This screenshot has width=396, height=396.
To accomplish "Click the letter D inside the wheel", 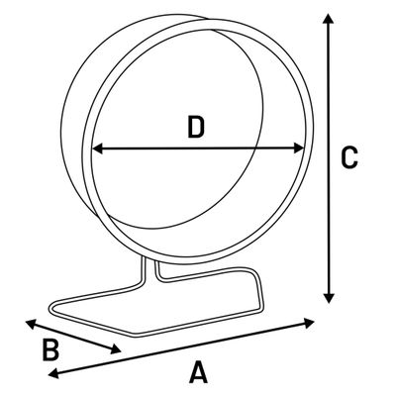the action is click(196, 127).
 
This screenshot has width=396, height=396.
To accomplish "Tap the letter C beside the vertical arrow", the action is click(349, 157).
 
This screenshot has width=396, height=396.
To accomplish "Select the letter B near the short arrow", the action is click(50, 349).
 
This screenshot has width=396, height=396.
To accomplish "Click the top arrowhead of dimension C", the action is click(328, 18).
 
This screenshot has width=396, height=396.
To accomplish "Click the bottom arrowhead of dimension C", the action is click(329, 298).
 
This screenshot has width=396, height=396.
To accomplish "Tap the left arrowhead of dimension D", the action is click(98, 148).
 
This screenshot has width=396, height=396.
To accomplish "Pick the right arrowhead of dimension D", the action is click(299, 148).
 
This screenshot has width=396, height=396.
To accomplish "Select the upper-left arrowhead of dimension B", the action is click(31, 324).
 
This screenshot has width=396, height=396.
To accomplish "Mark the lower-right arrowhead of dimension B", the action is click(116, 349).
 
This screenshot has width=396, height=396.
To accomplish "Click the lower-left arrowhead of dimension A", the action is click(53, 373).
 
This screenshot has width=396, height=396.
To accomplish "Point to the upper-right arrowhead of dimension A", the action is click(309, 323).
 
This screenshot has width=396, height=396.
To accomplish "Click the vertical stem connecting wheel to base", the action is click(150, 270).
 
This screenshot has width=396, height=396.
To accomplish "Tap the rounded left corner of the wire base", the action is click(52, 308).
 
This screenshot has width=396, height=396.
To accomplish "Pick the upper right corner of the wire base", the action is click(254, 271).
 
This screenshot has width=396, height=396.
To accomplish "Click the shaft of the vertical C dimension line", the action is click(329, 158).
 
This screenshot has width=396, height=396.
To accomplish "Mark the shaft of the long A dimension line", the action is click(181, 348).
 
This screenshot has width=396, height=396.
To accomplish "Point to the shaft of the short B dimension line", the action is click(73, 337).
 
